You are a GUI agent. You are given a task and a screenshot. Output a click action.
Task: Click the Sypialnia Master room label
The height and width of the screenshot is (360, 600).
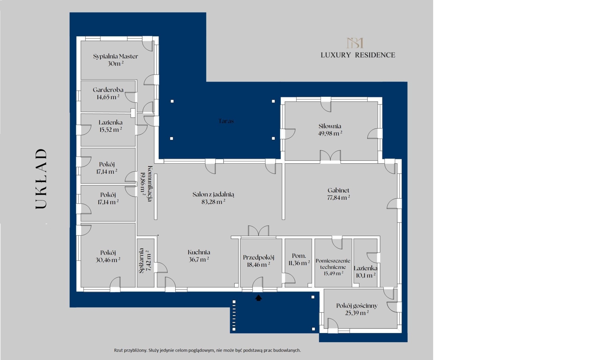[115, 57]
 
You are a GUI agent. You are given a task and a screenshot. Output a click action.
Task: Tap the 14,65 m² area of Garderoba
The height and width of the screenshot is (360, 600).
[108, 97]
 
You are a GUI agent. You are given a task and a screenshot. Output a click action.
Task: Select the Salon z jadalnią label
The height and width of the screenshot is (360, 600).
[213, 194]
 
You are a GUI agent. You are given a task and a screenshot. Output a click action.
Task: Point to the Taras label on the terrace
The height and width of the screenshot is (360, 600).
[226, 121]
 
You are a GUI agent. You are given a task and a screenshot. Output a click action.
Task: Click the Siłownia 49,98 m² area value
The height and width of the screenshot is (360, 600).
[330, 133]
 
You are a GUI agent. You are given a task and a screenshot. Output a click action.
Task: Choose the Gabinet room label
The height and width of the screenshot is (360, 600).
[338, 190]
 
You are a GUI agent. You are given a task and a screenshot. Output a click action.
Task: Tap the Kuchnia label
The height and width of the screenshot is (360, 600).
[199, 252]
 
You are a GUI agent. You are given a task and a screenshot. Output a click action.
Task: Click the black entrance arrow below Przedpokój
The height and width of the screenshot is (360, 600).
[258, 298]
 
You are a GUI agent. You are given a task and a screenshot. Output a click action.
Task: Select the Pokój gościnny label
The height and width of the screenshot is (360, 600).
[357, 306]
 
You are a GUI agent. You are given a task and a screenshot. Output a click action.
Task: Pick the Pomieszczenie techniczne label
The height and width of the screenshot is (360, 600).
[333, 264]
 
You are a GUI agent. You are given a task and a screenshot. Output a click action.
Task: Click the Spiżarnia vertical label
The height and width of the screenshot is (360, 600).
[141, 261]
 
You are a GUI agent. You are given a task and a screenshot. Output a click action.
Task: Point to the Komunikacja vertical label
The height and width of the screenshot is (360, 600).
[150, 184]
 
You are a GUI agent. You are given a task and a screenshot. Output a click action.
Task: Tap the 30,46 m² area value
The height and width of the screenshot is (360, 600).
[108, 260]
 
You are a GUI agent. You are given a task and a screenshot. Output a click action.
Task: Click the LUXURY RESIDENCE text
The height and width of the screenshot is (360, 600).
[358, 55]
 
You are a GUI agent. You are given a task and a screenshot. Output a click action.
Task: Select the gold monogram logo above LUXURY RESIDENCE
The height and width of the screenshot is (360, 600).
[355, 43]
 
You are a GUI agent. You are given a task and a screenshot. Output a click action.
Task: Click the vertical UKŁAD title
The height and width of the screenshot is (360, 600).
[41, 179]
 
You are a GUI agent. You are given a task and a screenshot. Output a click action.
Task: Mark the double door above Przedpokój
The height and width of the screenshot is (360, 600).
[258, 231]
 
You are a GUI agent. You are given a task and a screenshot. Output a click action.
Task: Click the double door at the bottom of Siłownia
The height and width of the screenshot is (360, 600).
[330, 156]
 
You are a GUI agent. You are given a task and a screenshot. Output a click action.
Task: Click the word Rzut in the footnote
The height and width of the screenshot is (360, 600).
[118, 350]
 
